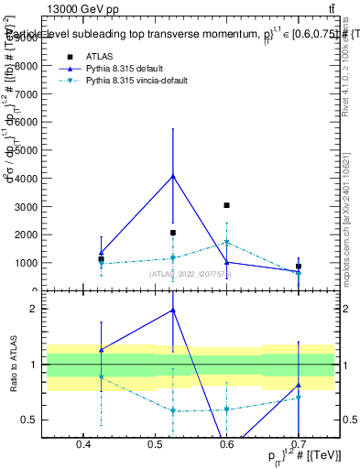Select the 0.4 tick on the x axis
[84, 444]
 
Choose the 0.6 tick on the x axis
[227, 444]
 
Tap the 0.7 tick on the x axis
[299, 444]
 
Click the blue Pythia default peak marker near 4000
[173, 176]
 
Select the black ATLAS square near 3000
[227, 205]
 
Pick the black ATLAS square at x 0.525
[173, 233]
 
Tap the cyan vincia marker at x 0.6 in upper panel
[227, 243]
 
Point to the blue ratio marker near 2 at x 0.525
[173, 311]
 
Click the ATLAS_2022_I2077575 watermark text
[191, 274]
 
